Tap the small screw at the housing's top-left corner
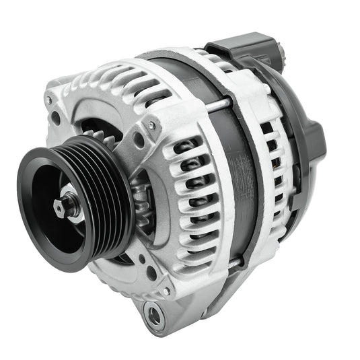coord(49,100)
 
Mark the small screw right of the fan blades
coord(152,126)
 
